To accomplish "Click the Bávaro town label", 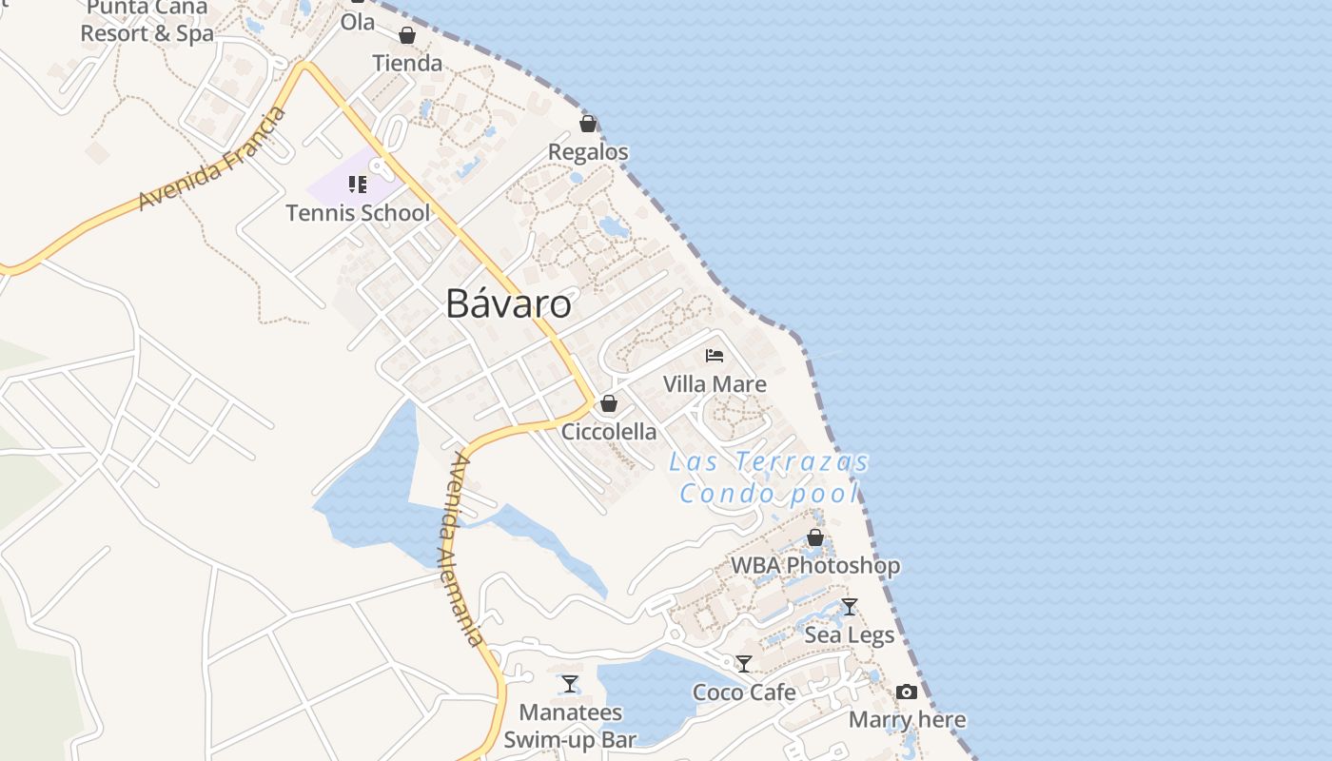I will pos(508,303).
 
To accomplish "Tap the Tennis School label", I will pos(358,212).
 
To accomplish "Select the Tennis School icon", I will pos(358,184).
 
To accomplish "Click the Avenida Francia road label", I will pos(212,159).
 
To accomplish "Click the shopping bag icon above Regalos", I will pos(588,124).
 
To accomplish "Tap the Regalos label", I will pos(588,152).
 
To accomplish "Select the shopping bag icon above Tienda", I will pos(407,35).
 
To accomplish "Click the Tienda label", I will pos(407,64).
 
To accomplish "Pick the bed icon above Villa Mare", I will pos(715,356).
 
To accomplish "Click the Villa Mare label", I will pos(715,384).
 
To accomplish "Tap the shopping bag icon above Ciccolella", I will pos(609,403).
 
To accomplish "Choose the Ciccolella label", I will pos(609,432).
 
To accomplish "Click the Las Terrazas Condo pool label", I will pos(769,478).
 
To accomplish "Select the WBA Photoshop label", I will pos(815,565).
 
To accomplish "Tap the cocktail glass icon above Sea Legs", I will pos(850,606).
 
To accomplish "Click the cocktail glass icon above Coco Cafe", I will pos(744,663).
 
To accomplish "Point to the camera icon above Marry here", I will pos(907,692).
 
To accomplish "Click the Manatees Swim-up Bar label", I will pos(570,726).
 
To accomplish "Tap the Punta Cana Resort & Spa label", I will pos(147,22).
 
